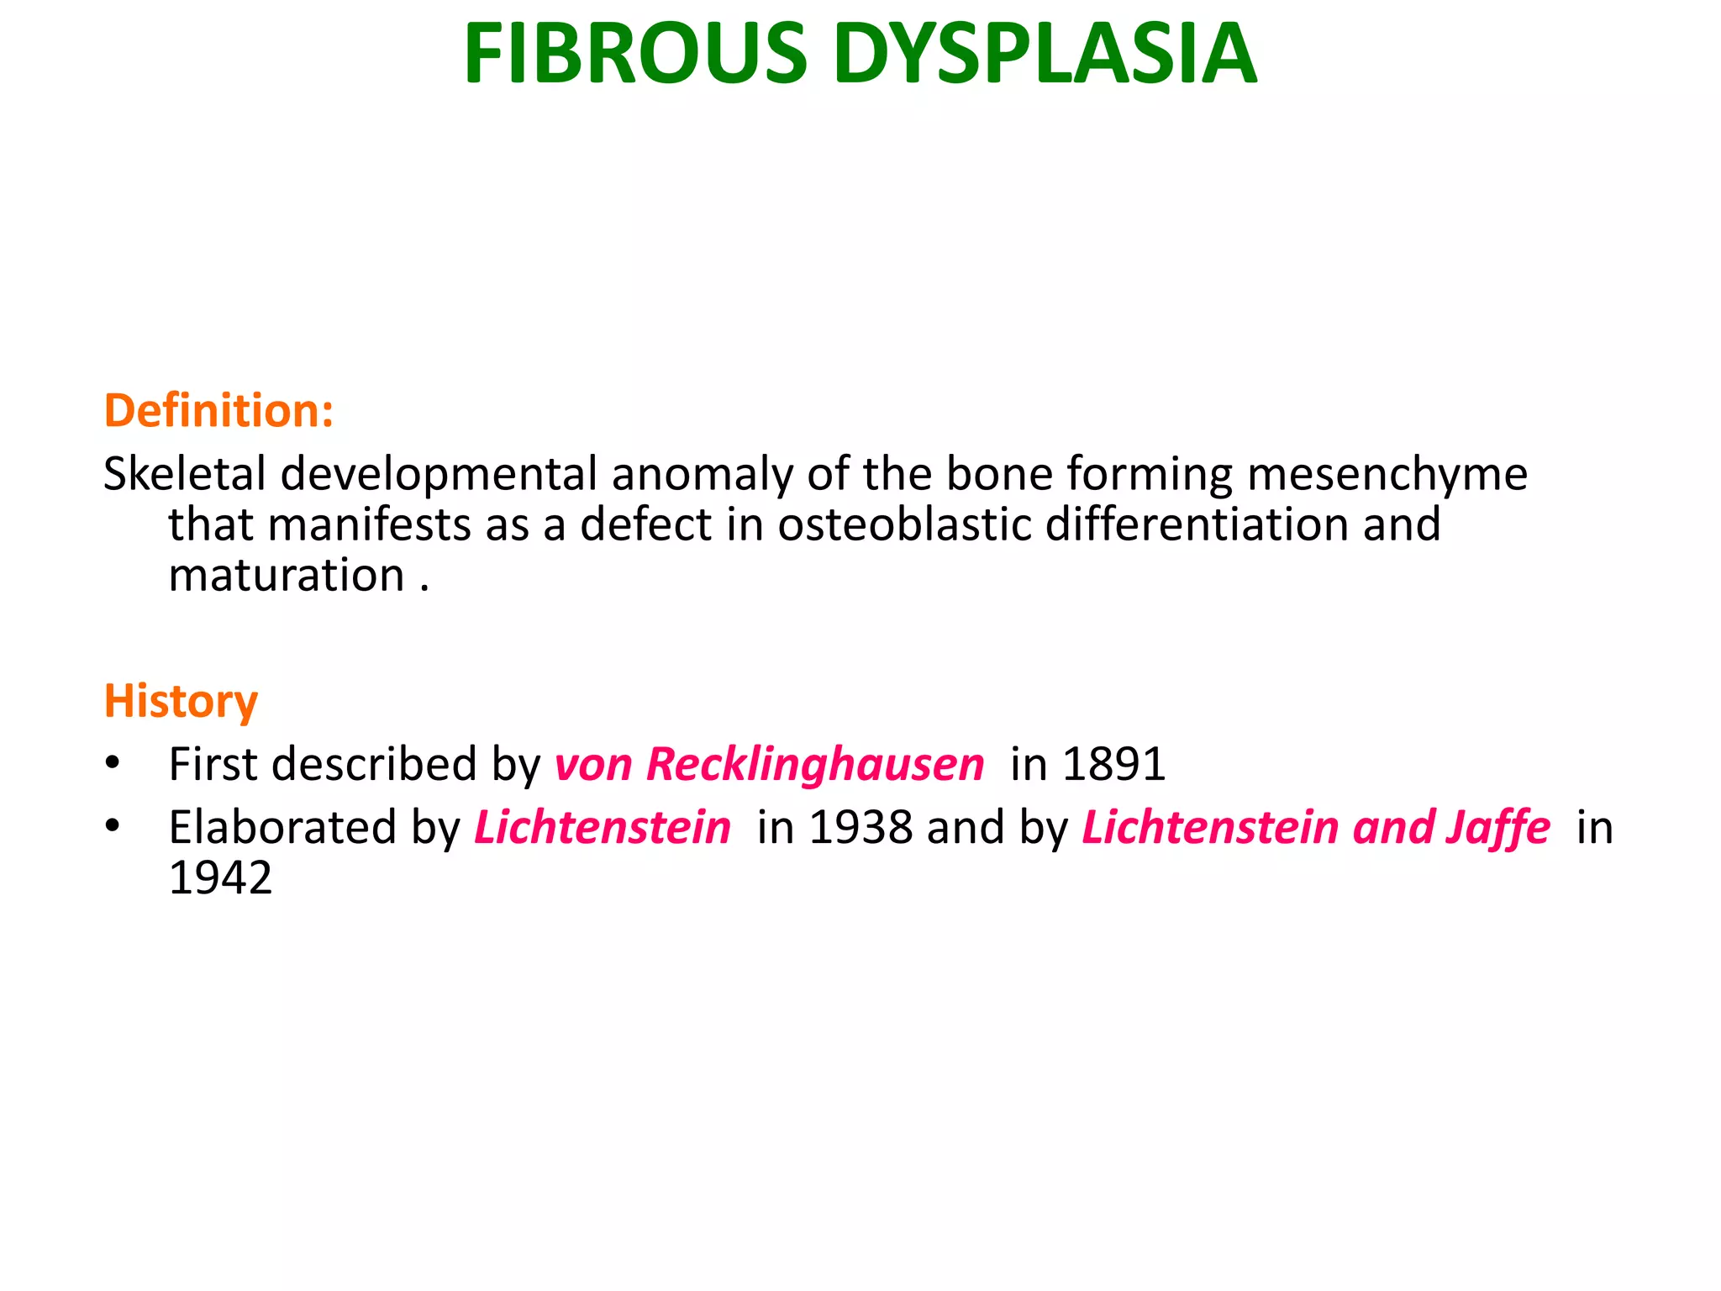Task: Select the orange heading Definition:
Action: click(218, 411)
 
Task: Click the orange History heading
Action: click(181, 701)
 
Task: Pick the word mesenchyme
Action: click(1387, 475)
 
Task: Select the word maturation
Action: click(287, 576)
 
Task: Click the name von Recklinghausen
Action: click(769, 765)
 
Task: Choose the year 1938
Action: click(860, 828)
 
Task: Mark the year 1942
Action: click(220, 878)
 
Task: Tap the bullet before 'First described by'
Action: click(113, 764)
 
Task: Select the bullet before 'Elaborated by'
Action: click(113, 827)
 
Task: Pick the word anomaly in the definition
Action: click(702, 475)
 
